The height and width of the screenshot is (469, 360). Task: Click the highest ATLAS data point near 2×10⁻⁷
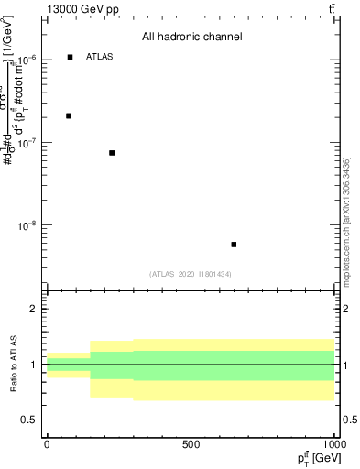(69, 115)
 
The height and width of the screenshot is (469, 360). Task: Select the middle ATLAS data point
(112, 153)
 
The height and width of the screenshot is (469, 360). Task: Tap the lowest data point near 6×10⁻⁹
(235, 245)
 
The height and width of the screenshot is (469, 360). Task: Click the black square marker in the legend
(71, 57)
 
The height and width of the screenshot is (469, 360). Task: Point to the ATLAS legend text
(99, 57)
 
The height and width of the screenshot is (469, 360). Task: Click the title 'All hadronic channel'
(191, 38)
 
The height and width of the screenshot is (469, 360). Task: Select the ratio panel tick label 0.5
(32, 420)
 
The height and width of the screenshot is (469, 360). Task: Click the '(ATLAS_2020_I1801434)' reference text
(191, 274)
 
